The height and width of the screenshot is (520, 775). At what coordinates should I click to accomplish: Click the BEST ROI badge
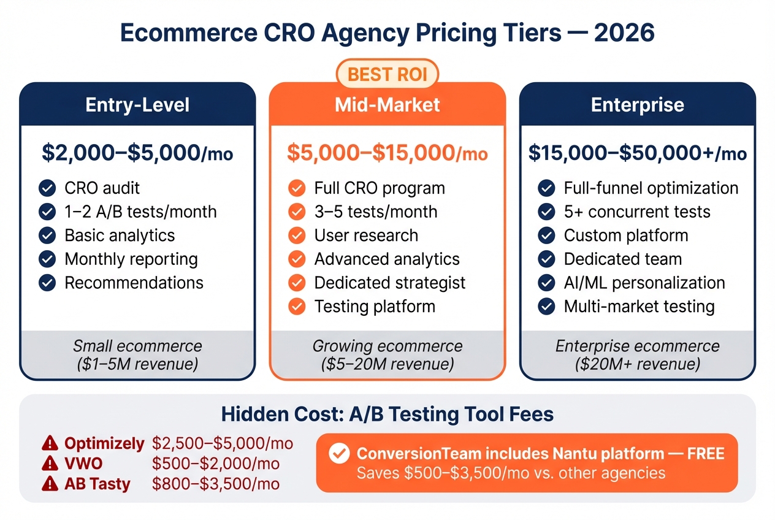388,75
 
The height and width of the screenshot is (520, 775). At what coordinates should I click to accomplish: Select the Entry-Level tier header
137,104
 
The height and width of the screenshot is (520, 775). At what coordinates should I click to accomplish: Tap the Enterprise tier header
638,104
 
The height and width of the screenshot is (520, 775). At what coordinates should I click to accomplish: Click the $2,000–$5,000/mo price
137,153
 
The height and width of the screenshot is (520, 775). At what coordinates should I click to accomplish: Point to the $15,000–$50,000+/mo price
638,153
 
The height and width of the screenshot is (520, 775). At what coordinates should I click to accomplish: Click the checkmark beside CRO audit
47,188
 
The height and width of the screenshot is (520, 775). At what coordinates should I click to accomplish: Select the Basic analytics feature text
120,235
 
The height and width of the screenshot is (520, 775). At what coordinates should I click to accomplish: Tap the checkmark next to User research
297,235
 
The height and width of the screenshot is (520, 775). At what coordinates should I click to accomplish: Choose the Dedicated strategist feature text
389,283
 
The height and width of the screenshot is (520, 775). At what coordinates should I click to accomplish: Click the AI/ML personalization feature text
644,283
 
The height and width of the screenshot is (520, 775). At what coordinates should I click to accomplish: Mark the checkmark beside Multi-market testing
546,306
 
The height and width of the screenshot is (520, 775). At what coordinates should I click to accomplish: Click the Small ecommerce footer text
137,346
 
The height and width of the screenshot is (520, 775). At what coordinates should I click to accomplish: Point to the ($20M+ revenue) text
638,364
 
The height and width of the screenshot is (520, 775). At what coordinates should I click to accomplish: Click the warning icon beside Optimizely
50,443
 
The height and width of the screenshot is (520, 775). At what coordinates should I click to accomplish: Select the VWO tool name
83,464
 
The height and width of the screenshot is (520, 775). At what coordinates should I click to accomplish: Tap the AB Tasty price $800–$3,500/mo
216,484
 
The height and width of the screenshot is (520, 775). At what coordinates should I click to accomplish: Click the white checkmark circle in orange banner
338,454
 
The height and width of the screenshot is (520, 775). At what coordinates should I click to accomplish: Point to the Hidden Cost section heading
388,414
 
